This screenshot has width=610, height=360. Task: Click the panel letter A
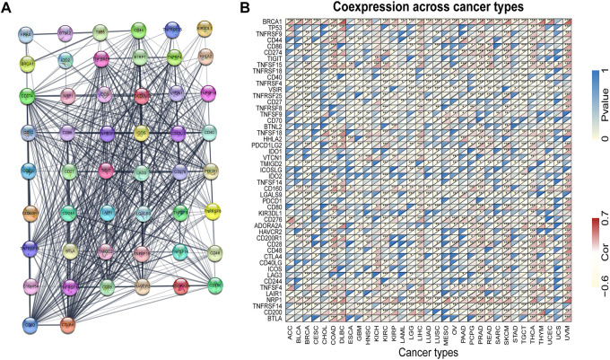8,7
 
